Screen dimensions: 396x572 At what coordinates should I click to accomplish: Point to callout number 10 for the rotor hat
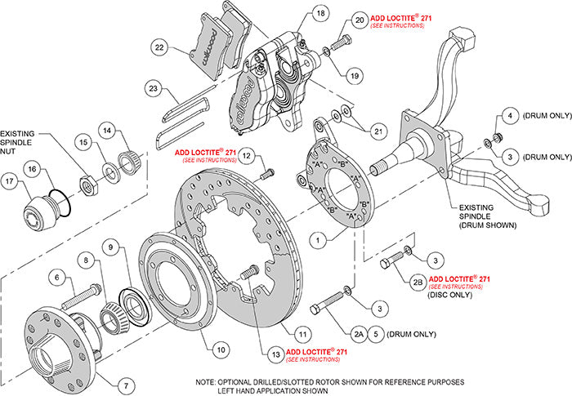220,349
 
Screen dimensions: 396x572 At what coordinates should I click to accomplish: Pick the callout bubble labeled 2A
359,333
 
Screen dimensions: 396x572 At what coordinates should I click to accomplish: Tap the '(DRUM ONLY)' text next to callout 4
543,116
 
